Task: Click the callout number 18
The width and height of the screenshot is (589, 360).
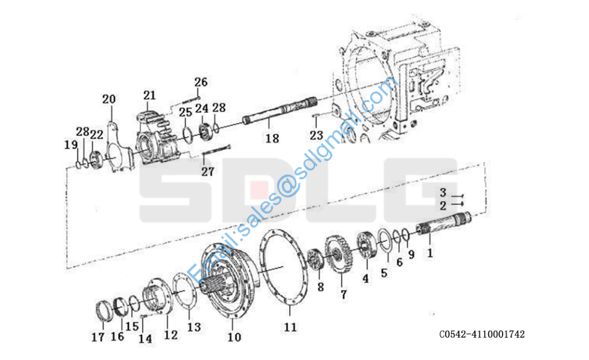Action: pyautogui.click(x=272, y=138)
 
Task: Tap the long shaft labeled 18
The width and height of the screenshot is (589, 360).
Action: pyautogui.click(x=280, y=110)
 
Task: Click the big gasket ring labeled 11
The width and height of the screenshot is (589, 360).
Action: pyautogui.click(x=284, y=266)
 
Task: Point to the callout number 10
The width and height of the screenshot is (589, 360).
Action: pyautogui.click(x=235, y=337)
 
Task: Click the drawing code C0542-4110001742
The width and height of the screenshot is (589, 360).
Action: pyautogui.click(x=482, y=334)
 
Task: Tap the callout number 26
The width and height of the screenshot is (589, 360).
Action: pyautogui.click(x=201, y=82)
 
